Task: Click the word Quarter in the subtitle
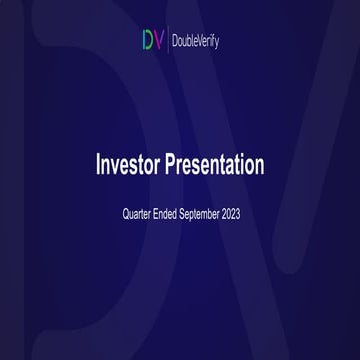(x=138, y=214)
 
